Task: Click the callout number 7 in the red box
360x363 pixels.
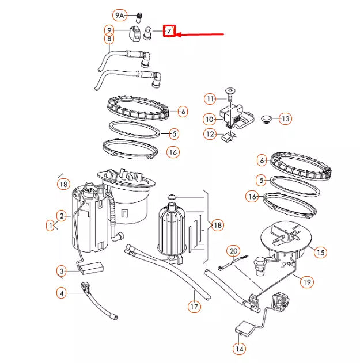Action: pyautogui.click(x=169, y=31)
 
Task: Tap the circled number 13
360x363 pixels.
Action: pyautogui.click(x=286, y=119)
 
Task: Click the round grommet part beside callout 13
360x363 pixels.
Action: pyautogui.click(x=266, y=120)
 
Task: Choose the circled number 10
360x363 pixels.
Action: pyautogui.click(x=210, y=120)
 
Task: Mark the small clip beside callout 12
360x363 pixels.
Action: pyautogui.click(x=229, y=136)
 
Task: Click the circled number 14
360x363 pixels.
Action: pyautogui.click(x=238, y=348)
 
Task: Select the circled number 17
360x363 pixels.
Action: pyautogui.click(x=195, y=307)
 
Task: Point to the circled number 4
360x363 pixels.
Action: pyautogui.click(x=62, y=293)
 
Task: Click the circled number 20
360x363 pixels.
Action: pyautogui.click(x=233, y=251)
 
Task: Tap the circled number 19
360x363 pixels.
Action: pyautogui.click(x=306, y=281)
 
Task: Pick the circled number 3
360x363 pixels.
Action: pyautogui.click(x=62, y=270)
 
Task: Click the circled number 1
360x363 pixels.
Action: pyautogui.click(x=51, y=226)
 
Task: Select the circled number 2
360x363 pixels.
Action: pyautogui.click(x=62, y=216)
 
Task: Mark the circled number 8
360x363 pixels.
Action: pyautogui.click(x=108, y=39)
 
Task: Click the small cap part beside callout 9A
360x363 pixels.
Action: pyautogui.click(x=138, y=15)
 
